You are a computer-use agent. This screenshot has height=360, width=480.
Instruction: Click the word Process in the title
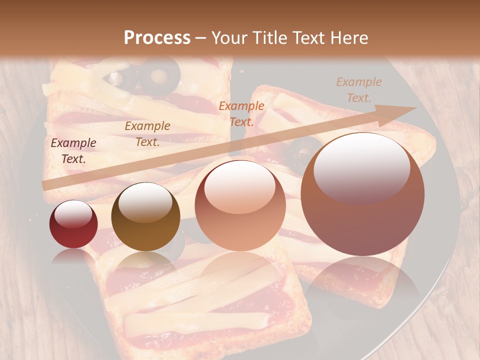coord(157,38)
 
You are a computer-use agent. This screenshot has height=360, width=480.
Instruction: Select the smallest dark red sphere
coord(73,224)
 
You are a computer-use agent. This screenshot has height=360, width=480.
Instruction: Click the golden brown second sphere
coord(145,216)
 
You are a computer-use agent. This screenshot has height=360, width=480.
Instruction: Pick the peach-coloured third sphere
coord(240,205)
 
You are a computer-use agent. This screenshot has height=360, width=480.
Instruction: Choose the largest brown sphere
coord(362,194)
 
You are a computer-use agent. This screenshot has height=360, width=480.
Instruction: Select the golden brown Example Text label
coord(147,134)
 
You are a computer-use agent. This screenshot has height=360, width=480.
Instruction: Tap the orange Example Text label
coord(241,113)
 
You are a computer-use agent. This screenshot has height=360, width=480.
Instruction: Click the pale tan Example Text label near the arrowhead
coord(358,90)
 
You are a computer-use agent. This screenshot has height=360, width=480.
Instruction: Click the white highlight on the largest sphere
coord(361,167)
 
